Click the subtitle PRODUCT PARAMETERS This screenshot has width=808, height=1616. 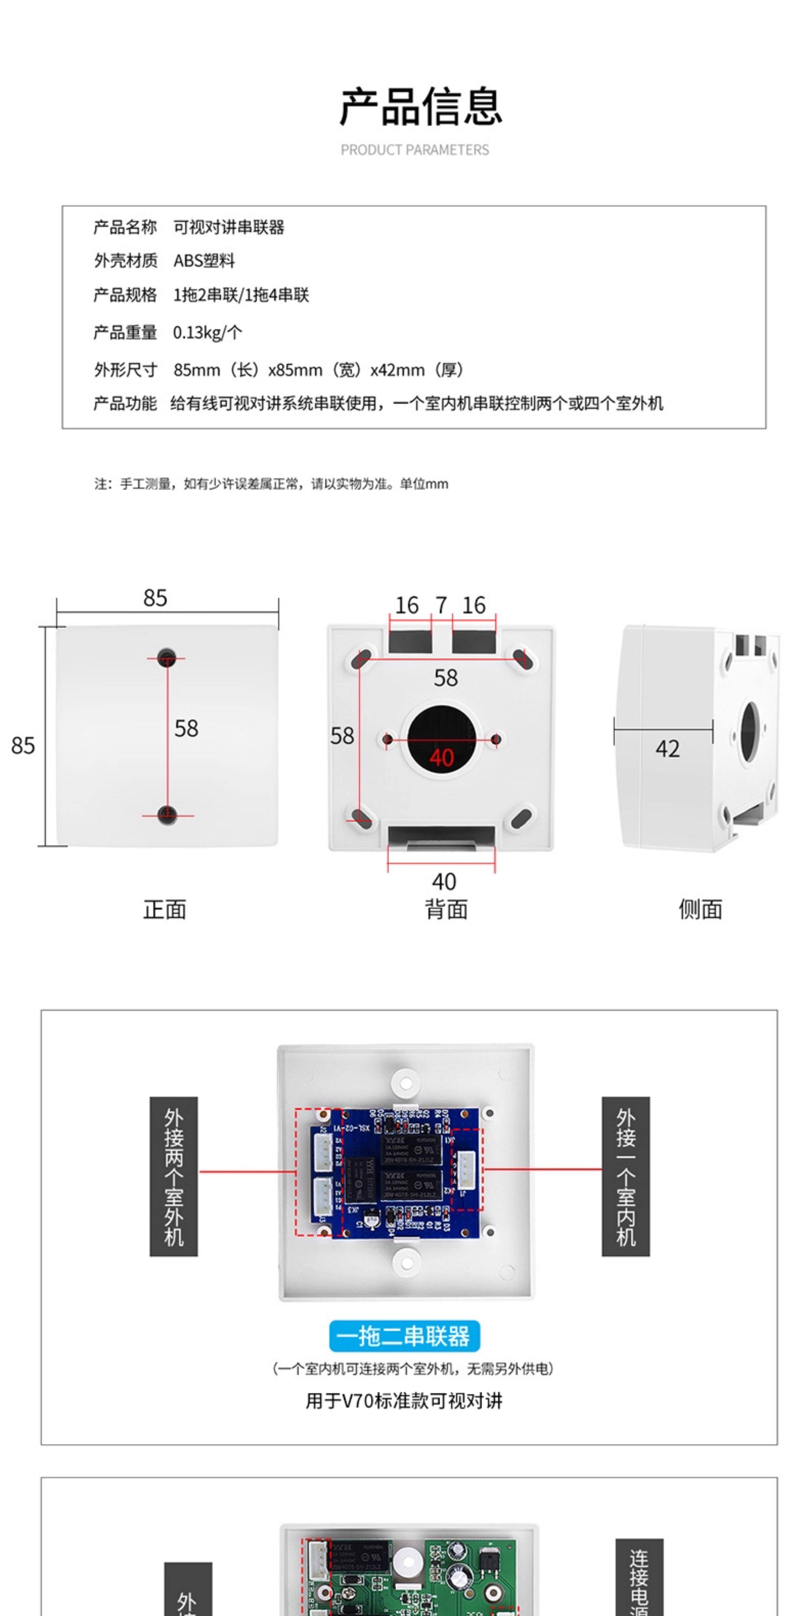click(415, 150)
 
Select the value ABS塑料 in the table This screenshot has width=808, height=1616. click(204, 261)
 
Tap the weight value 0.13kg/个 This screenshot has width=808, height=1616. click(207, 332)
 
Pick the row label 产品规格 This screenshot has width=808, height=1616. click(125, 295)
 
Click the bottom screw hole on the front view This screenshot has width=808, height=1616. click(166, 815)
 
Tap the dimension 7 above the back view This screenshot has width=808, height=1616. click(442, 605)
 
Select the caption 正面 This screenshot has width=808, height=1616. click(164, 909)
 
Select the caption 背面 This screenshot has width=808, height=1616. click(446, 909)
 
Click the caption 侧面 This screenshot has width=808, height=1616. click(700, 909)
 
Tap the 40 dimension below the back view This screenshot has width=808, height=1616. click(443, 882)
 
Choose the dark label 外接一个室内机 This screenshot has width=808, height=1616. click(626, 1176)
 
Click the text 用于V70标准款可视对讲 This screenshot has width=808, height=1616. click(404, 1401)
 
